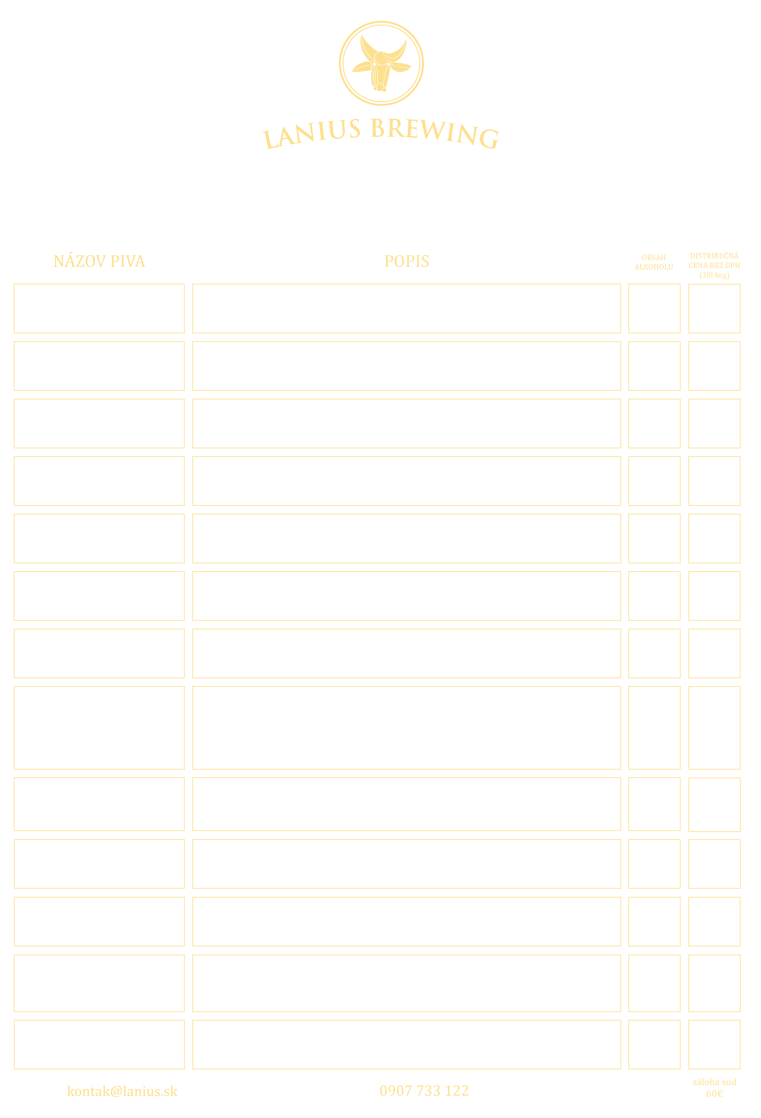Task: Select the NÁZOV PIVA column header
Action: click(99, 261)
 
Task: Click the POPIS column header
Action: click(407, 261)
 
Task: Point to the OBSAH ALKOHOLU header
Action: click(654, 262)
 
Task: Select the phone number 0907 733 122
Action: click(424, 1091)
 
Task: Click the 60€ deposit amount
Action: click(714, 1093)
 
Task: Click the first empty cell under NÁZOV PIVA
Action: click(99, 308)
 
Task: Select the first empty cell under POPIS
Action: click(407, 308)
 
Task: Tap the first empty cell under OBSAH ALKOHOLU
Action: click(654, 308)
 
